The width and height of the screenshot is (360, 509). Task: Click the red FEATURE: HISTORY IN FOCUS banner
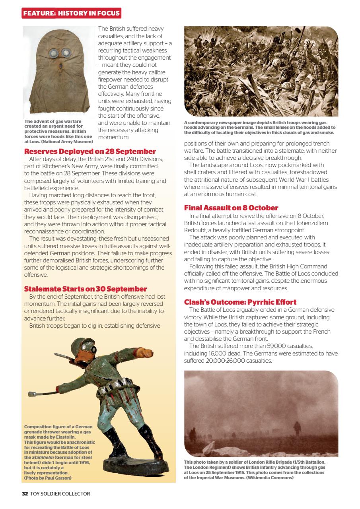tap(71, 13)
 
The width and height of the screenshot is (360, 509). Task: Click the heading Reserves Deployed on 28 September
tap(90, 152)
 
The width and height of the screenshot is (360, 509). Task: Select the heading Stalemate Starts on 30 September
tap(86, 289)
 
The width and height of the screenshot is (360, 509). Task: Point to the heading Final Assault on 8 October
tap(231, 208)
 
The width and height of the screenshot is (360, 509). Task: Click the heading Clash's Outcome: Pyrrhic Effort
tap(240, 302)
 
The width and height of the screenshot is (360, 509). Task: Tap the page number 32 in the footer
tap(25, 494)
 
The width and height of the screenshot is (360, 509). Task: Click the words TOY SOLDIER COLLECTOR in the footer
tap(60, 494)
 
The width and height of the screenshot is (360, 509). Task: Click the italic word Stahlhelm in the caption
tap(38, 457)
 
